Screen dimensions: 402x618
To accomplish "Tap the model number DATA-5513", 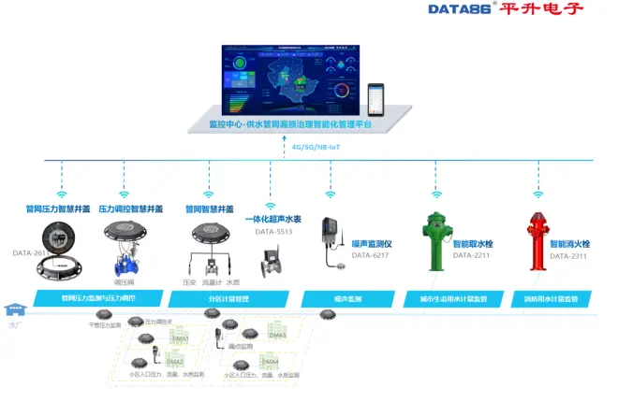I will [273, 231].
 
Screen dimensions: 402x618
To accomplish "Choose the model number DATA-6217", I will [370, 255].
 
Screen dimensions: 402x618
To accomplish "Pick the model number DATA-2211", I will [471, 255].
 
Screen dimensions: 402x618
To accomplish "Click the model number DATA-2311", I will [567, 255].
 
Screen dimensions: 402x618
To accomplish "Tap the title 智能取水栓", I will [473, 243].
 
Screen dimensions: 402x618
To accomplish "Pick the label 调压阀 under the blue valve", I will [124, 281].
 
